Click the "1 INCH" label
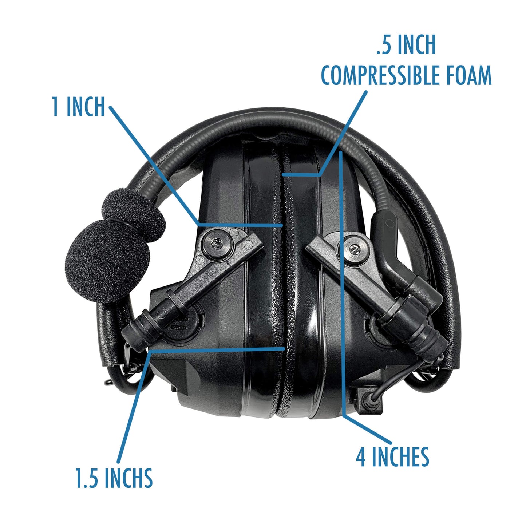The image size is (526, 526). [x=78, y=107]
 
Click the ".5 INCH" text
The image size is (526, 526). [x=406, y=45]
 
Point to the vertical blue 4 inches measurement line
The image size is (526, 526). [x=343, y=284]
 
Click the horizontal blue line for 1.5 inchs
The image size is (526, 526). [x=218, y=350]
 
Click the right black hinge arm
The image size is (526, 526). [x=375, y=291]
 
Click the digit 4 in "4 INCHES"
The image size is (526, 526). [x=360, y=457]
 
